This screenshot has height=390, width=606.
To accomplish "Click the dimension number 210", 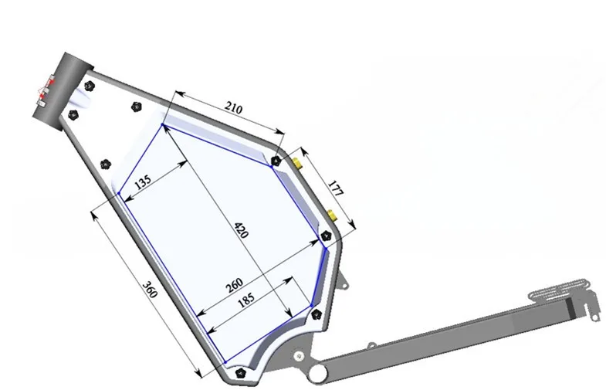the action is (233, 107).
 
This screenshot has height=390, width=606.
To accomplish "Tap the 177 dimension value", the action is (336, 188).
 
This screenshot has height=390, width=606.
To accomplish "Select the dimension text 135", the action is (143, 181).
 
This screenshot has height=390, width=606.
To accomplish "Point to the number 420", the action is (241, 229).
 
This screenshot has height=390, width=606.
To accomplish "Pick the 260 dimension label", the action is (234, 285).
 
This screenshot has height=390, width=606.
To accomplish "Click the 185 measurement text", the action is (246, 299).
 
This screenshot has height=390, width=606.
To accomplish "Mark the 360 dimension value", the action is (150, 290).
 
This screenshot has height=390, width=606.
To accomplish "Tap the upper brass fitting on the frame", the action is (297, 163).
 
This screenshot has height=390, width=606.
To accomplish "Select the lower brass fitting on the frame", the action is (332, 215).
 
